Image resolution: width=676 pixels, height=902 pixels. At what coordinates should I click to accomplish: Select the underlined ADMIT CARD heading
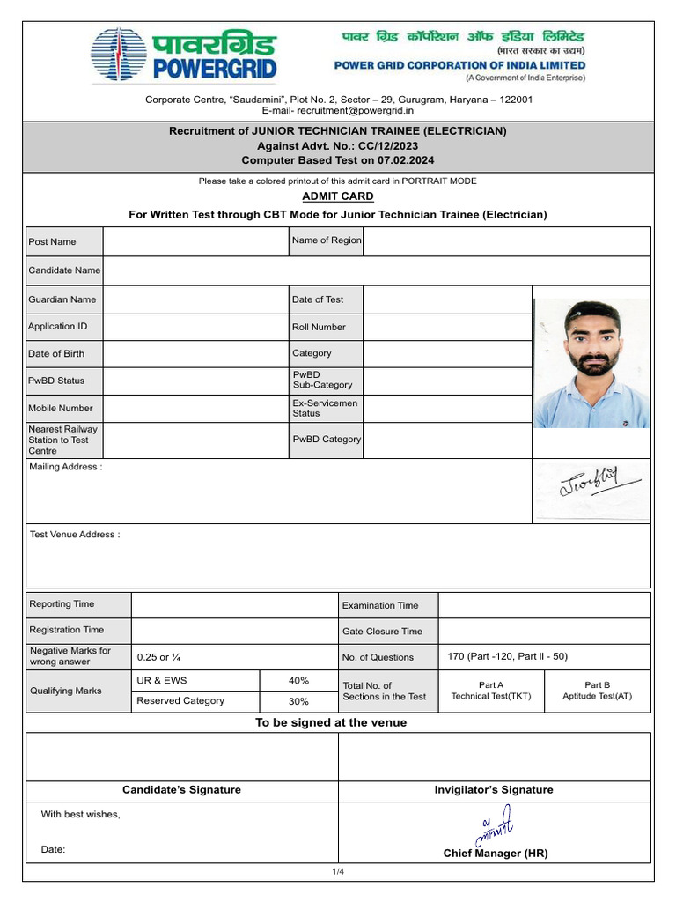click(x=338, y=196)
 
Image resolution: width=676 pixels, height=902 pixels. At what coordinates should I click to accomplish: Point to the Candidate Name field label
click(x=64, y=270)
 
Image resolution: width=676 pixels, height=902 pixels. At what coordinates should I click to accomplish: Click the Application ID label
click(x=58, y=326)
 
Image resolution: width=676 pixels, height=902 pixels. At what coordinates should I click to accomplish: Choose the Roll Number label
click(x=319, y=327)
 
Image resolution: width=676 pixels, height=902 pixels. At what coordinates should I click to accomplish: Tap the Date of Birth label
click(x=56, y=353)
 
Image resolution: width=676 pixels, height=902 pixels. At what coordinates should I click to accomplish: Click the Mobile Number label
click(x=60, y=408)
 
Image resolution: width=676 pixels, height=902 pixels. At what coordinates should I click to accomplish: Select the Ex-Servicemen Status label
click(x=325, y=408)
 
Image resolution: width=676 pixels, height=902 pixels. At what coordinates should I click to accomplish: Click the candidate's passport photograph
click(x=592, y=363)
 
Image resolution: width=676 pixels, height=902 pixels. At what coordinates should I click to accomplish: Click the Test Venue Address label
click(x=75, y=535)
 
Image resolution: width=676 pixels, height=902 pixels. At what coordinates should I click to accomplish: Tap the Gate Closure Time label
click(x=382, y=631)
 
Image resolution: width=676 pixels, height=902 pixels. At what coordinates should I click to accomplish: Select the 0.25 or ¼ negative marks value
click(x=159, y=657)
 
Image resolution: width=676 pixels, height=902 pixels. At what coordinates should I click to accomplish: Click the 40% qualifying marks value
click(x=298, y=680)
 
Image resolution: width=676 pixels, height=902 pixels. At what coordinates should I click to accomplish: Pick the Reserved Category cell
click(x=180, y=700)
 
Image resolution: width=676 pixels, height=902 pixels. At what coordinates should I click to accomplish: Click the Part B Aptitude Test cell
click(x=597, y=690)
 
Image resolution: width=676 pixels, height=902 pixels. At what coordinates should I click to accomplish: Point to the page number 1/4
click(x=338, y=871)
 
